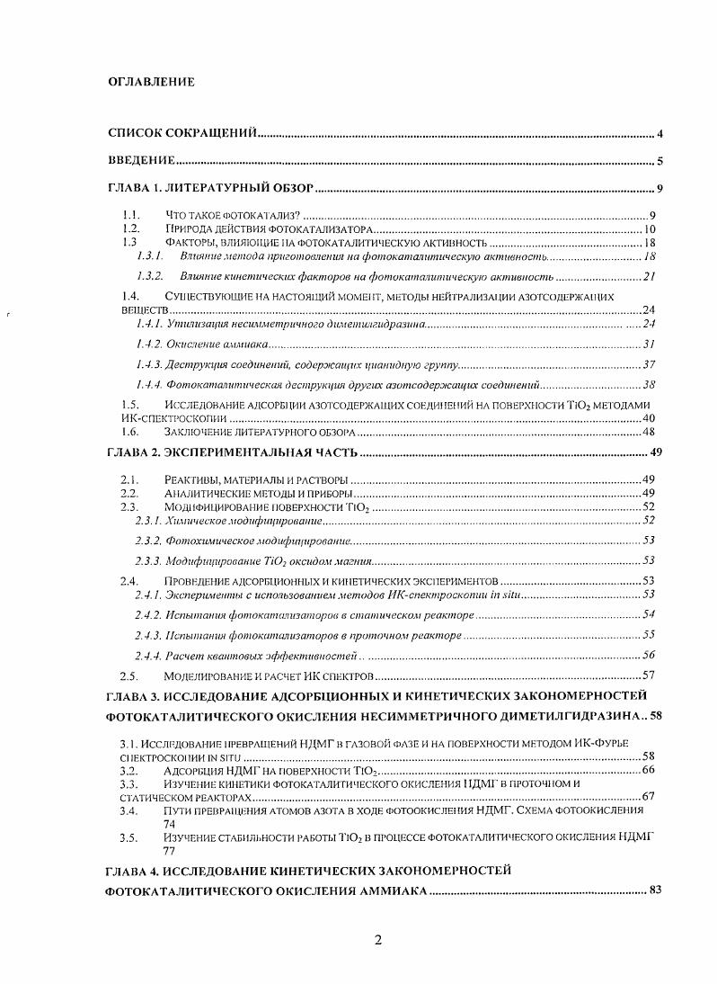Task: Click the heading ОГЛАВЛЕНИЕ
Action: coord(151,82)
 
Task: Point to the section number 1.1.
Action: coord(131,216)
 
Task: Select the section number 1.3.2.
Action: coord(149,275)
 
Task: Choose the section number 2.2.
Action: coord(129,494)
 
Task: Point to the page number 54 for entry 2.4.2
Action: coord(649,614)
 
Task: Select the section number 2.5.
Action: coord(129,675)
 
